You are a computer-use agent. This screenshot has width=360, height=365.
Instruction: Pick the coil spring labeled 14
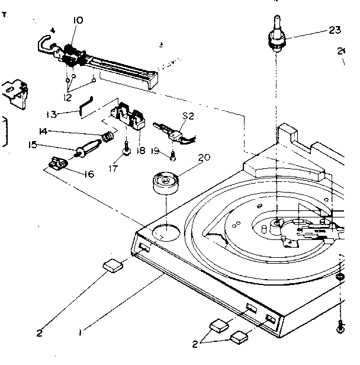(107, 138)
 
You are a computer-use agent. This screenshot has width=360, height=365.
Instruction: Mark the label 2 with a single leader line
(39, 332)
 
